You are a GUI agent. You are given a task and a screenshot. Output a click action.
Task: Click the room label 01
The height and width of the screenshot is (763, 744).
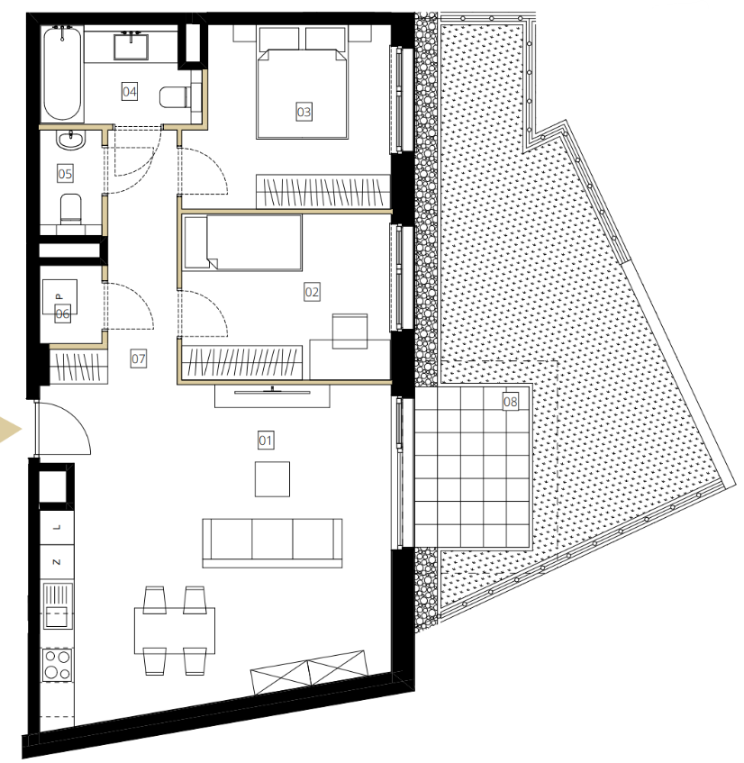[265, 441]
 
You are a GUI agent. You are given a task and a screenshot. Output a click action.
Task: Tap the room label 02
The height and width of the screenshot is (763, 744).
[312, 292]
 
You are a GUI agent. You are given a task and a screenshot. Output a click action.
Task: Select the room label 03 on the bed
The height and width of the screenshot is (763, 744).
[304, 112]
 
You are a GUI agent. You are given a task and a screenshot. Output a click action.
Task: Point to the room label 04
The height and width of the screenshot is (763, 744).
[130, 92]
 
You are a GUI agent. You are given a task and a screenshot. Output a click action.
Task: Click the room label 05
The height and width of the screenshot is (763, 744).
[65, 174]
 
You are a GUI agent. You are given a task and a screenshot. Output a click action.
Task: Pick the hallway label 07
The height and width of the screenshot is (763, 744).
[138, 359]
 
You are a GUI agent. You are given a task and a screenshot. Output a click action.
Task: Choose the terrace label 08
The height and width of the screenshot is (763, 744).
[510, 402]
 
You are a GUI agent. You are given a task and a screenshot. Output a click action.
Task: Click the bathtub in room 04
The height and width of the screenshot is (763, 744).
[62, 73]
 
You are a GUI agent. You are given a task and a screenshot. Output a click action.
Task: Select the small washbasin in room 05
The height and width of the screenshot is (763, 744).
[71, 140]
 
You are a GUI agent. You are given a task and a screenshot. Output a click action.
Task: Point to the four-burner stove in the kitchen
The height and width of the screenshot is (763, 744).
[58, 665]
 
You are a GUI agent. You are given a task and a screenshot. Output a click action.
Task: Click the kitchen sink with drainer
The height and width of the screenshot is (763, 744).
[58, 606]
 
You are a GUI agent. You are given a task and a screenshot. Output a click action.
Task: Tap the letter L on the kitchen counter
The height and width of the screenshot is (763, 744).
[57, 527]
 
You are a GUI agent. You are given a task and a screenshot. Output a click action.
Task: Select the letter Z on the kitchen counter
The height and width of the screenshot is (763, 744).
[57, 562]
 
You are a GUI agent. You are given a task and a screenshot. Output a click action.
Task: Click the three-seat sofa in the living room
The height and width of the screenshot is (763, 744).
[272, 543]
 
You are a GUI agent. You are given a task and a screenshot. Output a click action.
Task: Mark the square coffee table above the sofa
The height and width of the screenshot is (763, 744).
[273, 479]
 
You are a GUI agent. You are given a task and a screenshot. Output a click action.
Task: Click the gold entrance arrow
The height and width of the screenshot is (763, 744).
[10, 430]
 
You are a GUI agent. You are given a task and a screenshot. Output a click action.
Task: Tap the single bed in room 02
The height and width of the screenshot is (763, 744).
[243, 242]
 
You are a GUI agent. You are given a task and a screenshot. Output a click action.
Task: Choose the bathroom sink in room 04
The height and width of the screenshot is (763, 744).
[131, 46]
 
